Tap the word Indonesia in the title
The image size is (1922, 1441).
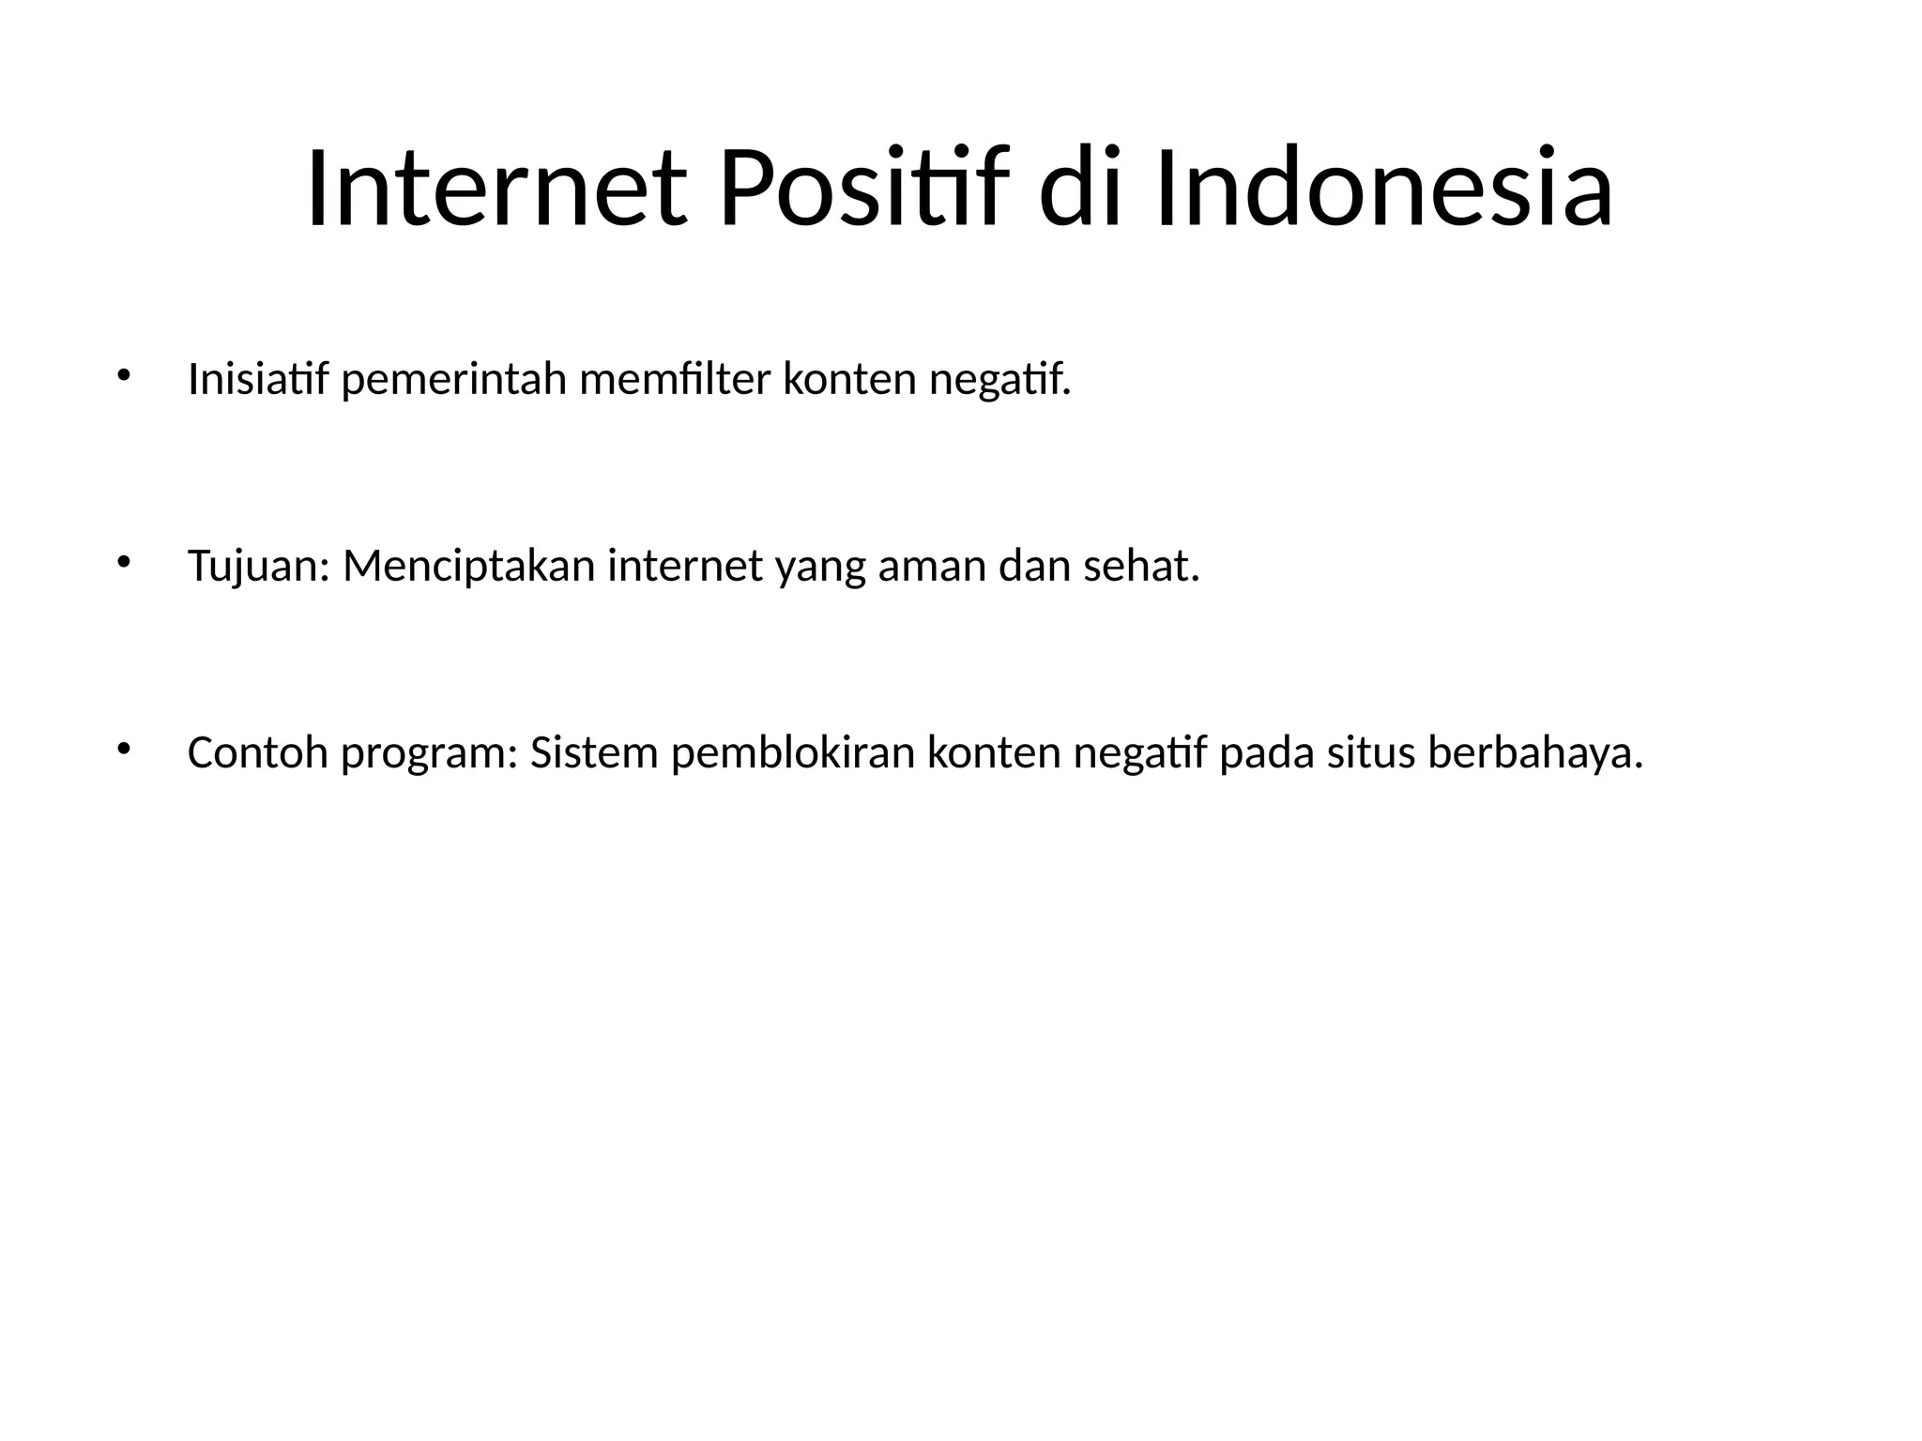pos(1384,189)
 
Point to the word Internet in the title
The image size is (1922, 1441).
pos(496,189)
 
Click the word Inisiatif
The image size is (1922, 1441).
pos(258,380)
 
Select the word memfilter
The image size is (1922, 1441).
pos(675,380)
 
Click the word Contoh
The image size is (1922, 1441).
pos(258,753)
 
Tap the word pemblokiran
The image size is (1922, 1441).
pos(793,753)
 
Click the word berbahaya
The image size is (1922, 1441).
pos(1535,753)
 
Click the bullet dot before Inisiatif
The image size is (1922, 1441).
pos(121,377)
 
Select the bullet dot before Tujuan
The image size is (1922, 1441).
pos(121,564)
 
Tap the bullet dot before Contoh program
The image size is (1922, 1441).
pos(121,751)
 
